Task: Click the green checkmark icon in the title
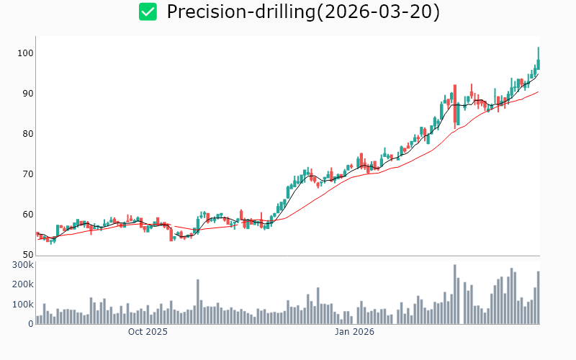(x=148, y=12)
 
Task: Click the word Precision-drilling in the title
(x=238, y=12)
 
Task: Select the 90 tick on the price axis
(x=26, y=94)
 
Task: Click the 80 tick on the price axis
(x=26, y=134)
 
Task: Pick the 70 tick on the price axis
(x=26, y=174)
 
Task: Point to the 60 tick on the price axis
(x=26, y=215)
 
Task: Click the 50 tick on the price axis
(x=26, y=255)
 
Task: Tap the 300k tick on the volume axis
(x=21, y=265)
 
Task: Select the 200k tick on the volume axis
(x=21, y=284)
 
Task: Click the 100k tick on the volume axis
(x=21, y=305)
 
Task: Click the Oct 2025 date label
(x=148, y=332)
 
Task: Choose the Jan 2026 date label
(x=354, y=332)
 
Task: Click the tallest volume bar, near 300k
(x=455, y=294)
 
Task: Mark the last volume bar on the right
(x=538, y=297)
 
